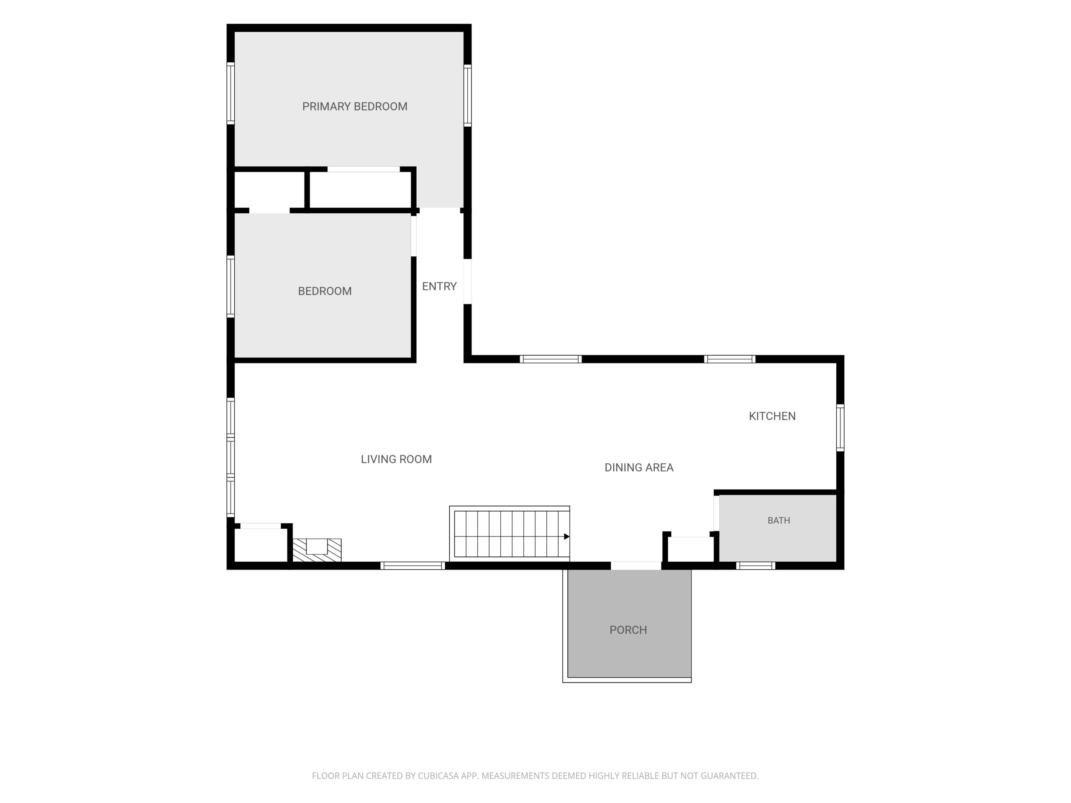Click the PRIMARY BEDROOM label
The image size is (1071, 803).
(354, 107)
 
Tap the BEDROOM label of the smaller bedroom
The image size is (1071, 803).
(324, 291)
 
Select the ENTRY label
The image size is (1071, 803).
(439, 286)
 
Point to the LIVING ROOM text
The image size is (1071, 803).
(396, 459)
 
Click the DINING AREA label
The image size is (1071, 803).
(639, 467)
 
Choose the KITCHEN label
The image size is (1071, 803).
(772, 416)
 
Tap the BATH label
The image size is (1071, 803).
(779, 520)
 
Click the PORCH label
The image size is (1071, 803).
(628, 630)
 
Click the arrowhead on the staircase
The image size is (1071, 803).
(566, 536)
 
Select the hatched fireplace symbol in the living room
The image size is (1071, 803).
(317, 550)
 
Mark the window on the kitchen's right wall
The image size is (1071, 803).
(840, 428)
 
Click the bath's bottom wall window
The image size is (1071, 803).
(755, 565)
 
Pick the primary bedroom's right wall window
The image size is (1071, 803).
(467, 95)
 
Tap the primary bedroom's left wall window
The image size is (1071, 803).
(231, 93)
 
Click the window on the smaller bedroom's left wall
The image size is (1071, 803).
(231, 286)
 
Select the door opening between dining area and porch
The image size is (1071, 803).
(636, 565)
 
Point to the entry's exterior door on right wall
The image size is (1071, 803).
(467, 282)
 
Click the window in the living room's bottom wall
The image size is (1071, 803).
(413, 565)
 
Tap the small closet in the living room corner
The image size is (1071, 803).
(261, 545)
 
